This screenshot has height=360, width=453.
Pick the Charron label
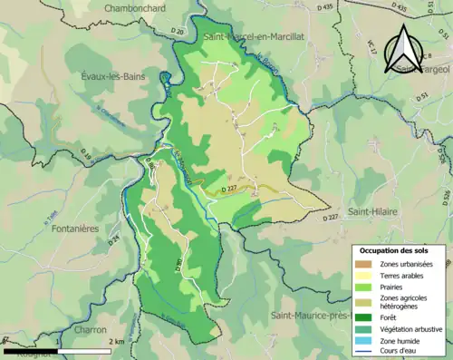tap(91, 329)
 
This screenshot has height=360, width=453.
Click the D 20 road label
tap(178, 32)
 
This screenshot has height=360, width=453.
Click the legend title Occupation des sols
tap(396, 249)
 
